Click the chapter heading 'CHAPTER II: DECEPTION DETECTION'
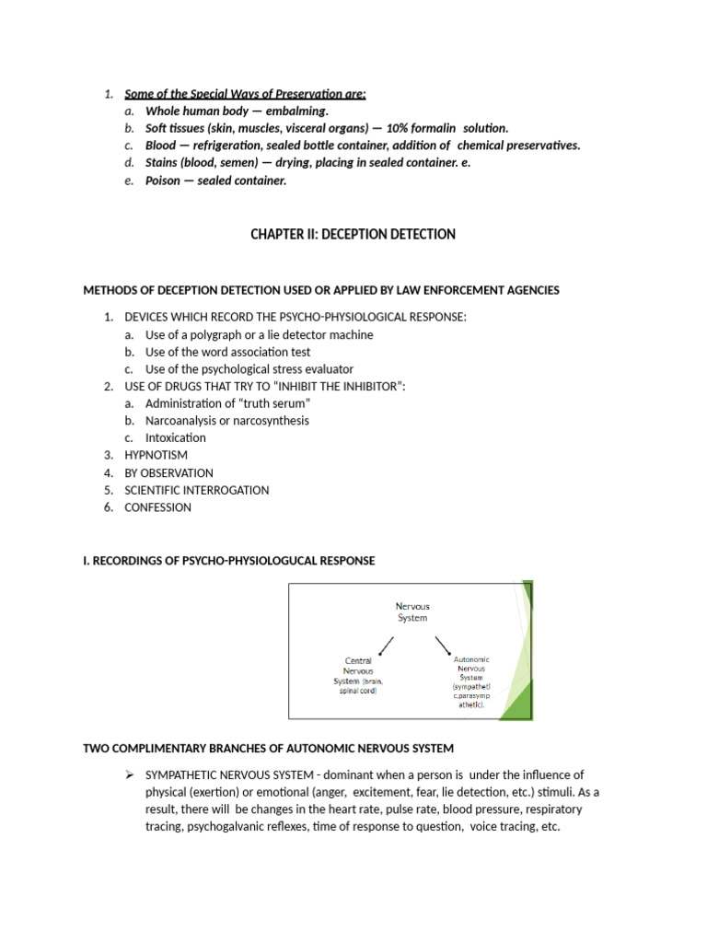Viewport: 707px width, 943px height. pos(353,235)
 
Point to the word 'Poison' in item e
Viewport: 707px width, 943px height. pos(163,180)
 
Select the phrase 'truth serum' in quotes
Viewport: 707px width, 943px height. pos(274,403)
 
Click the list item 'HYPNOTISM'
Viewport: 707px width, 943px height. pos(156,455)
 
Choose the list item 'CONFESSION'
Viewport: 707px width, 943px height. pos(158,507)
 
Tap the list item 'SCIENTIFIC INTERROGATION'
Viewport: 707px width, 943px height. pos(197,490)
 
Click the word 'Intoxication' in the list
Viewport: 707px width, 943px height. pos(176,437)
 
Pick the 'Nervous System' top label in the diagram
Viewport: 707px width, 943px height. pos(411,612)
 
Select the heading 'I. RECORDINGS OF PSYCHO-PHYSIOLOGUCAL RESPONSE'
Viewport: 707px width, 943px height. pos(229,561)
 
